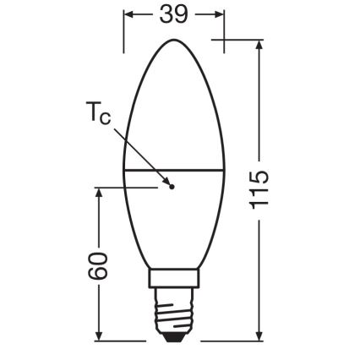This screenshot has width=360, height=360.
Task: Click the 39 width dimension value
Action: click(174, 15)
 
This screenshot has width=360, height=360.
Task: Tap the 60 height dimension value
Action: click(100, 266)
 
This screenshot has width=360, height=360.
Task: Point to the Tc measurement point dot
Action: click(169, 186)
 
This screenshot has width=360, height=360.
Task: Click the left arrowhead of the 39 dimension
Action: click(128, 15)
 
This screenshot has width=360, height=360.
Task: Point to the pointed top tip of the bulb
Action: click(174, 39)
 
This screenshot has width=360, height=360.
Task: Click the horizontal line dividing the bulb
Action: click(194, 170)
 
